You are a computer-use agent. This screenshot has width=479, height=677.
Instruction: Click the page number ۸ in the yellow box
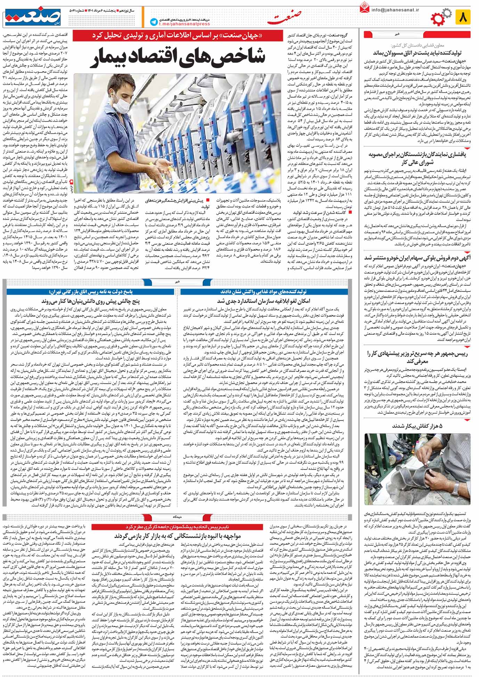[464, 17]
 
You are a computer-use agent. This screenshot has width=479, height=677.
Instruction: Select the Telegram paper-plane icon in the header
[153, 22]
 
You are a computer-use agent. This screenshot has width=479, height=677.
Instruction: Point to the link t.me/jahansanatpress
[184, 24]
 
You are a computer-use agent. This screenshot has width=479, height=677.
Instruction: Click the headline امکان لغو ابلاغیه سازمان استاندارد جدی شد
[263, 301]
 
